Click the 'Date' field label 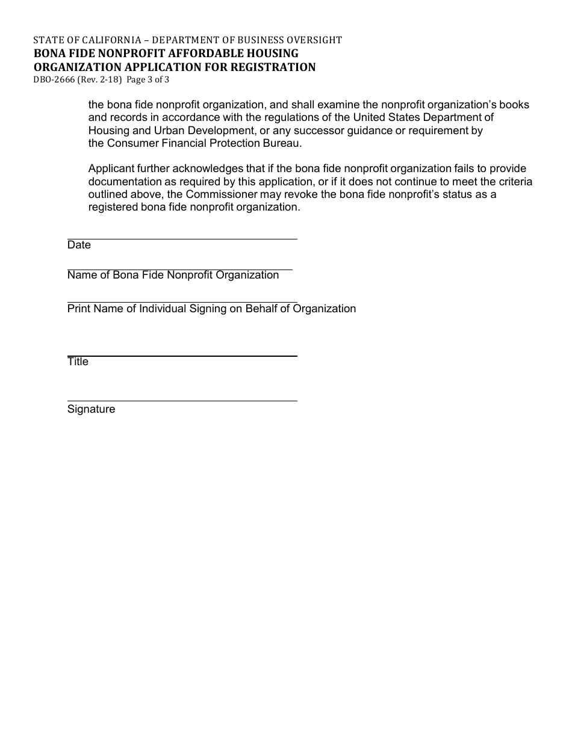tap(79, 245)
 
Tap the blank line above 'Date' tap(182, 238)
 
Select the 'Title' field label tap(78, 362)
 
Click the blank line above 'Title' tap(182, 356)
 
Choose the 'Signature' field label tap(91, 409)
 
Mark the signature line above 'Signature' tap(182, 401)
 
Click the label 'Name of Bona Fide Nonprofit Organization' tap(173, 275)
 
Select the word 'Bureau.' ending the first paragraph tap(281, 143)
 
